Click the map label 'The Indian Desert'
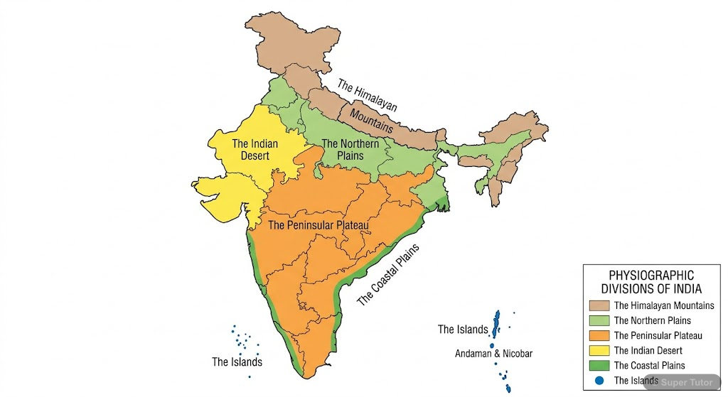[255, 150]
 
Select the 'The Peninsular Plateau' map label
[318, 226]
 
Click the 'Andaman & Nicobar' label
[493, 353]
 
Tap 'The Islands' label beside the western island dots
[237, 362]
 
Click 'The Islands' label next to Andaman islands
[463, 330]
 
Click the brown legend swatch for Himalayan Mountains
[599, 305]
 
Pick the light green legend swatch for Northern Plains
[599, 320]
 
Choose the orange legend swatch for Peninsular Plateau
[599, 335]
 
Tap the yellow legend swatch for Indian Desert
[599, 350]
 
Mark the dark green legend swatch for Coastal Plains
[599, 365]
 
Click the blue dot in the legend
[599, 380]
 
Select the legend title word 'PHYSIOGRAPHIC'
[651, 276]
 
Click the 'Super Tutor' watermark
[686, 382]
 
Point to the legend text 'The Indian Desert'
[648, 350]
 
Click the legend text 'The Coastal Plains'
[649, 365]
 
